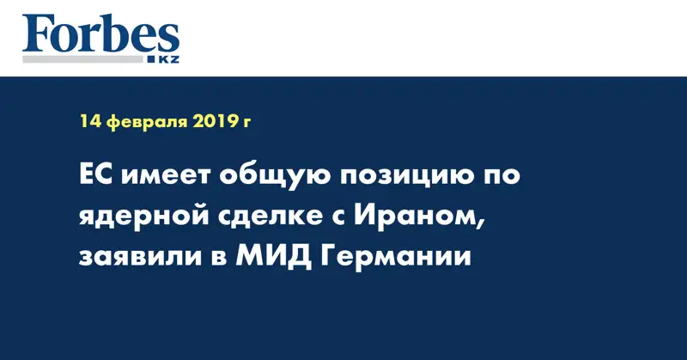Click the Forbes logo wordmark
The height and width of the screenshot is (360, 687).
(x=100, y=34)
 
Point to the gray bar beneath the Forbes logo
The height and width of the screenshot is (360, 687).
(x=82, y=59)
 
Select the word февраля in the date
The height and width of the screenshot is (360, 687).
(x=146, y=122)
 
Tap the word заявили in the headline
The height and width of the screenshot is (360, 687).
(x=140, y=258)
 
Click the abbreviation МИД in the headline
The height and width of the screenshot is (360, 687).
(x=273, y=258)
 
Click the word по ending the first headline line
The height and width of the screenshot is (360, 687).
(x=503, y=177)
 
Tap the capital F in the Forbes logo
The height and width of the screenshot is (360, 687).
(x=36, y=34)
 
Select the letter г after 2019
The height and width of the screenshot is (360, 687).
(x=246, y=122)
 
